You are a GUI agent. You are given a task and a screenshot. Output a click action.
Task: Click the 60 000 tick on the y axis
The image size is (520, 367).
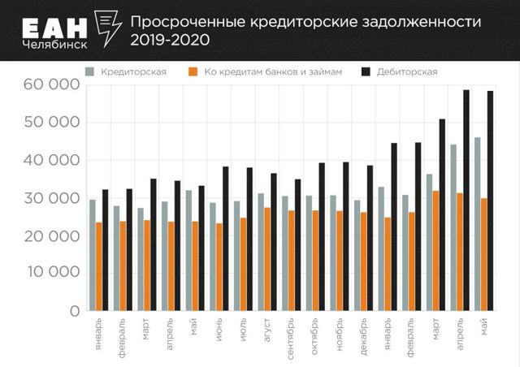click(54, 84)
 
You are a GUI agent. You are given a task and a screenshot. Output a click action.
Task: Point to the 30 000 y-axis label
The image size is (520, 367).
click(54, 198)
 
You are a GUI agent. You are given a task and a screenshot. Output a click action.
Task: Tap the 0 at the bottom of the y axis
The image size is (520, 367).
click(73, 311)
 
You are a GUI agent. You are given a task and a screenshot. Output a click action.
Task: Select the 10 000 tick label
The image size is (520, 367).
click(54, 273)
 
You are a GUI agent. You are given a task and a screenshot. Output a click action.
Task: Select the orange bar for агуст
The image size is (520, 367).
click(266, 259)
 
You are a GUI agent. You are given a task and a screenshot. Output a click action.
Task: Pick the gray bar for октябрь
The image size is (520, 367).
click(308, 253)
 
